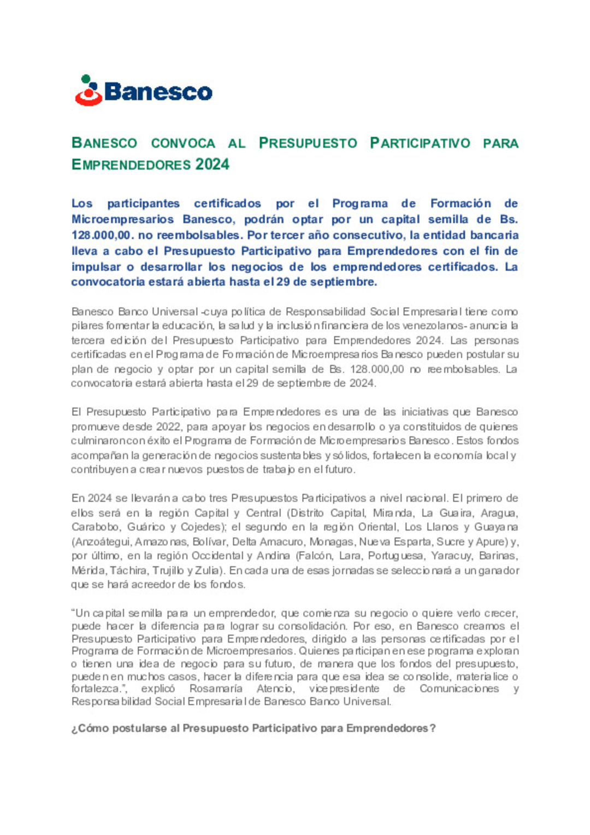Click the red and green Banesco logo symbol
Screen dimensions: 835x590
88,91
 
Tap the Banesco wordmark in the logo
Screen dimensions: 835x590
158,92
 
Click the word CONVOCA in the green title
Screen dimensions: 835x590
183,143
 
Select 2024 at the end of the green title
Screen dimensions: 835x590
213,164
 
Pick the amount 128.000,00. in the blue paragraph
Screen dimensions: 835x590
103,235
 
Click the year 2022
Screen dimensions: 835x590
169,426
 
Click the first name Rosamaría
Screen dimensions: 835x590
216,689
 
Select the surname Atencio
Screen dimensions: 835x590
275,689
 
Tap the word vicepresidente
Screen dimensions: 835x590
344,689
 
